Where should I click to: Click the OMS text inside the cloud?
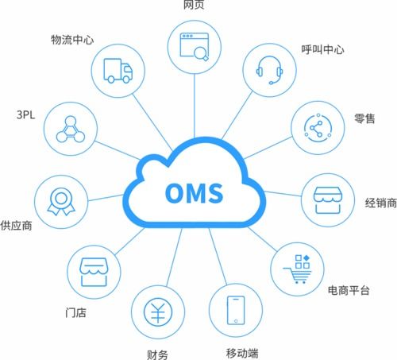tap(195, 193)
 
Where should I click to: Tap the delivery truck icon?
tap(118, 71)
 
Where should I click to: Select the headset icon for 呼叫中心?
tap(269, 70)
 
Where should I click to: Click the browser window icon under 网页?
tap(195, 47)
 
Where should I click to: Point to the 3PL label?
tap(25, 114)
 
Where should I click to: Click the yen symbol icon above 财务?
tap(158, 312)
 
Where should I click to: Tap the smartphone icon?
tap(236, 310)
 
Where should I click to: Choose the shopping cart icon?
tap(298, 269)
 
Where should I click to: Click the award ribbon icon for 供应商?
tap(61, 202)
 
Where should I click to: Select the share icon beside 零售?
tap(318, 128)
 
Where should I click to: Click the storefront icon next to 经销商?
tap(328, 200)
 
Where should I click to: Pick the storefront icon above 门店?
tap(94, 273)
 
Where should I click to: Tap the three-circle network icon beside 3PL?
tap(71, 129)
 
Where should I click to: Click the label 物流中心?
tap(72, 40)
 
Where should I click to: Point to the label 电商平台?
tap(349, 290)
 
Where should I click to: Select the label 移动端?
tap(242, 353)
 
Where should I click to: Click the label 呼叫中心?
tap(322, 49)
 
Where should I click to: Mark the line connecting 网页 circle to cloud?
tap(195, 106)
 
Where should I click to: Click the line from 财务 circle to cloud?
tap(174, 257)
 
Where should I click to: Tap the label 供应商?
tap(16, 226)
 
